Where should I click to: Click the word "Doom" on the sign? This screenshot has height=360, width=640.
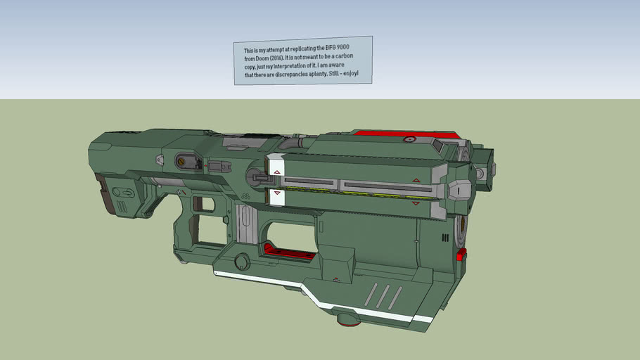point(261,59)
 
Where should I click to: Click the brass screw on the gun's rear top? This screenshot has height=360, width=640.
point(182,161)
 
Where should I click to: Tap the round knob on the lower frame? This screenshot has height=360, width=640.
point(242,262)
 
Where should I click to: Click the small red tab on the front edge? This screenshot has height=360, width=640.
point(461,255)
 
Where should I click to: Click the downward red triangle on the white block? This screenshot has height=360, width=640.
point(277,193)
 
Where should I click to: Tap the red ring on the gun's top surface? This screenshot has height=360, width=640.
point(407,140)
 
